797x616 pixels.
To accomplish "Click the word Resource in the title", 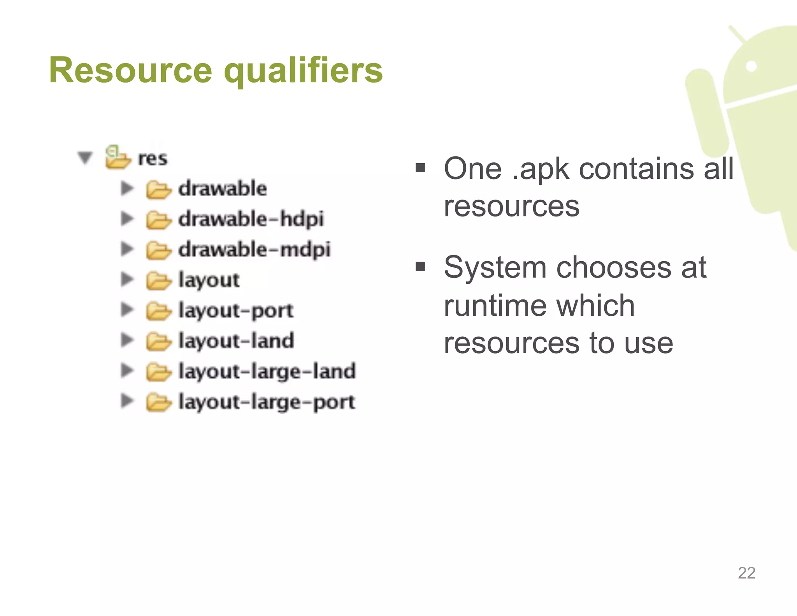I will [x=130, y=71].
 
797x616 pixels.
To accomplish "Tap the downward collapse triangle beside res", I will [x=85, y=158].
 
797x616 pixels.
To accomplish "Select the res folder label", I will [x=153, y=158].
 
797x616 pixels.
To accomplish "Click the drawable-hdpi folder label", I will [x=251, y=219].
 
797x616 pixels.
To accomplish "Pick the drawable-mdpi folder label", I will [x=254, y=250].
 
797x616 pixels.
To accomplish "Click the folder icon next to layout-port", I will [x=158, y=311].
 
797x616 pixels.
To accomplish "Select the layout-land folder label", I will [x=236, y=341].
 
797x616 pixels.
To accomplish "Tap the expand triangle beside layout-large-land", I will [x=127, y=370].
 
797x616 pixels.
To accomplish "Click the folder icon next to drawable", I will [x=158, y=190].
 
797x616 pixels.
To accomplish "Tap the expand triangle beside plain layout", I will [x=127, y=279].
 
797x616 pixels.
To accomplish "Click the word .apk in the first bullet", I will [x=541, y=169].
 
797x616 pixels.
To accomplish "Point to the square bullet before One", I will [x=420, y=168].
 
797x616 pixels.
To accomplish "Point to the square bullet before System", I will [x=420, y=267].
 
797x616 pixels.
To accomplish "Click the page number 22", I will [x=746, y=573].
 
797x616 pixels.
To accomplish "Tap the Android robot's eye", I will [x=751, y=66].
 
